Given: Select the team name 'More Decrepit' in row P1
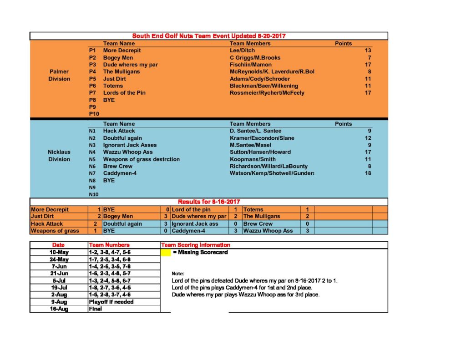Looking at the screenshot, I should pos(122,51).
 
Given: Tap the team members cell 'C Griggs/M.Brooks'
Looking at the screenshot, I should pos(255,58).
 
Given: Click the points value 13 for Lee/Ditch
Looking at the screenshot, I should pos(368,51).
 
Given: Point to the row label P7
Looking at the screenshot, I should pos(92,93).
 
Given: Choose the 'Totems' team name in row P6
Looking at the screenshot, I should pos(113,86).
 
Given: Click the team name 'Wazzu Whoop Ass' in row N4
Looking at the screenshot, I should pos(128,152).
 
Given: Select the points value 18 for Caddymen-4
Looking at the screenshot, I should pos(368,173).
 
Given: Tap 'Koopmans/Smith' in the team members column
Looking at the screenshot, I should pos(253,159).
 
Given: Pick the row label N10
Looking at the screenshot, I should pos(93,195).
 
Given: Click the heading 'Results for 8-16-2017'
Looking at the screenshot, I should pos(209,202).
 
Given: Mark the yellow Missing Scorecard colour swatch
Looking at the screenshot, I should pos(166,252).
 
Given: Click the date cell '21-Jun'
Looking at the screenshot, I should pos(59,274).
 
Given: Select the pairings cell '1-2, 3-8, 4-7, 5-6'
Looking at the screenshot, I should pos(110,252).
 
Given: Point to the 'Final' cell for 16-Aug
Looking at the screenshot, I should pos(96,309).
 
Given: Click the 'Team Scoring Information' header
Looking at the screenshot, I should pos(196,245).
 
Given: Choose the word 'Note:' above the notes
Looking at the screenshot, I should pos(178,274).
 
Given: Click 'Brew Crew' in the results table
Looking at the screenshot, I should pos(258,224).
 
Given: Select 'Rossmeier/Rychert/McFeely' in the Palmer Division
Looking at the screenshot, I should pos(267,93).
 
